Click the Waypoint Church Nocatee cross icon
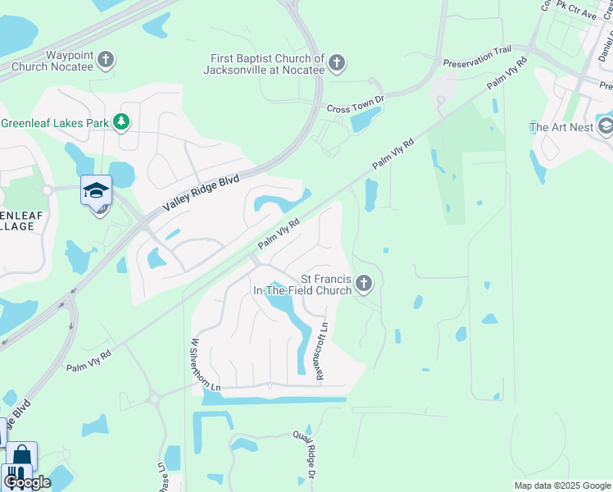point(106,59)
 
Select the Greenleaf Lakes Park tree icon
point(121,122)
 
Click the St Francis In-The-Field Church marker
point(364,285)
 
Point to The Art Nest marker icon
point(605,126)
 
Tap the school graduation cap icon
point(96,190)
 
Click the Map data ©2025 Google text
point(561,485)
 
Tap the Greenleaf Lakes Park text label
point(56,123)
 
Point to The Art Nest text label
point(561,127)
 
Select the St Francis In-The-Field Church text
point(302,285)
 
